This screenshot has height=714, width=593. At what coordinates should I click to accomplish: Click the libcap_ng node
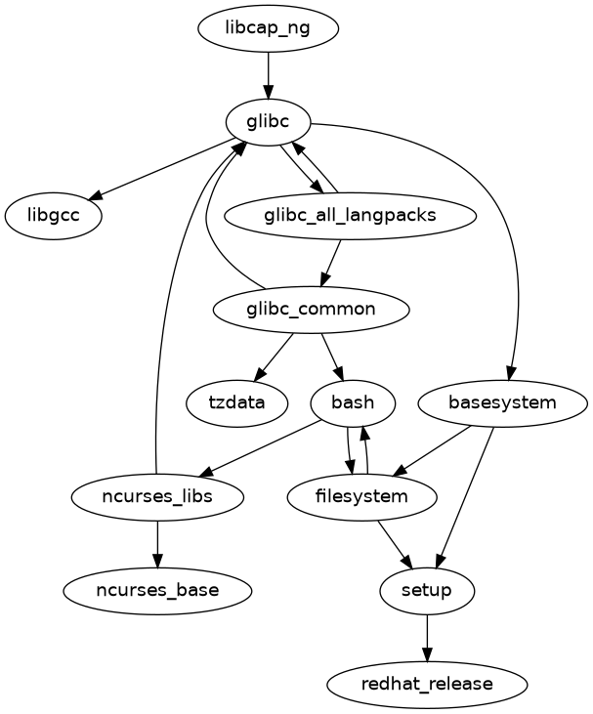point(268,28)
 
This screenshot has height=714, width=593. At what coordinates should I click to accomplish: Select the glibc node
point(268,122)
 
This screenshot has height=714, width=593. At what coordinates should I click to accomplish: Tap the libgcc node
point(54,216)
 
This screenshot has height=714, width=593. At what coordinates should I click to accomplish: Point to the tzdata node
point(236,402)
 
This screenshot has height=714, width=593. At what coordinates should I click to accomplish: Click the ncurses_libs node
point(157,496)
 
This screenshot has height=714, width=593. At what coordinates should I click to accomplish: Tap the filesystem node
point(361,496)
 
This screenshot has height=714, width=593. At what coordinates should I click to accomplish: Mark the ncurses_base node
point(157,590)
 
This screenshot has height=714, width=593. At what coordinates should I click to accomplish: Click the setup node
point(427,590)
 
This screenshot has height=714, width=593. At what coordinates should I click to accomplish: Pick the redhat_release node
point(427,683)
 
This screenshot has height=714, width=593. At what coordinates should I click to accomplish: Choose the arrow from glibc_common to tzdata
point(275,356)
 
